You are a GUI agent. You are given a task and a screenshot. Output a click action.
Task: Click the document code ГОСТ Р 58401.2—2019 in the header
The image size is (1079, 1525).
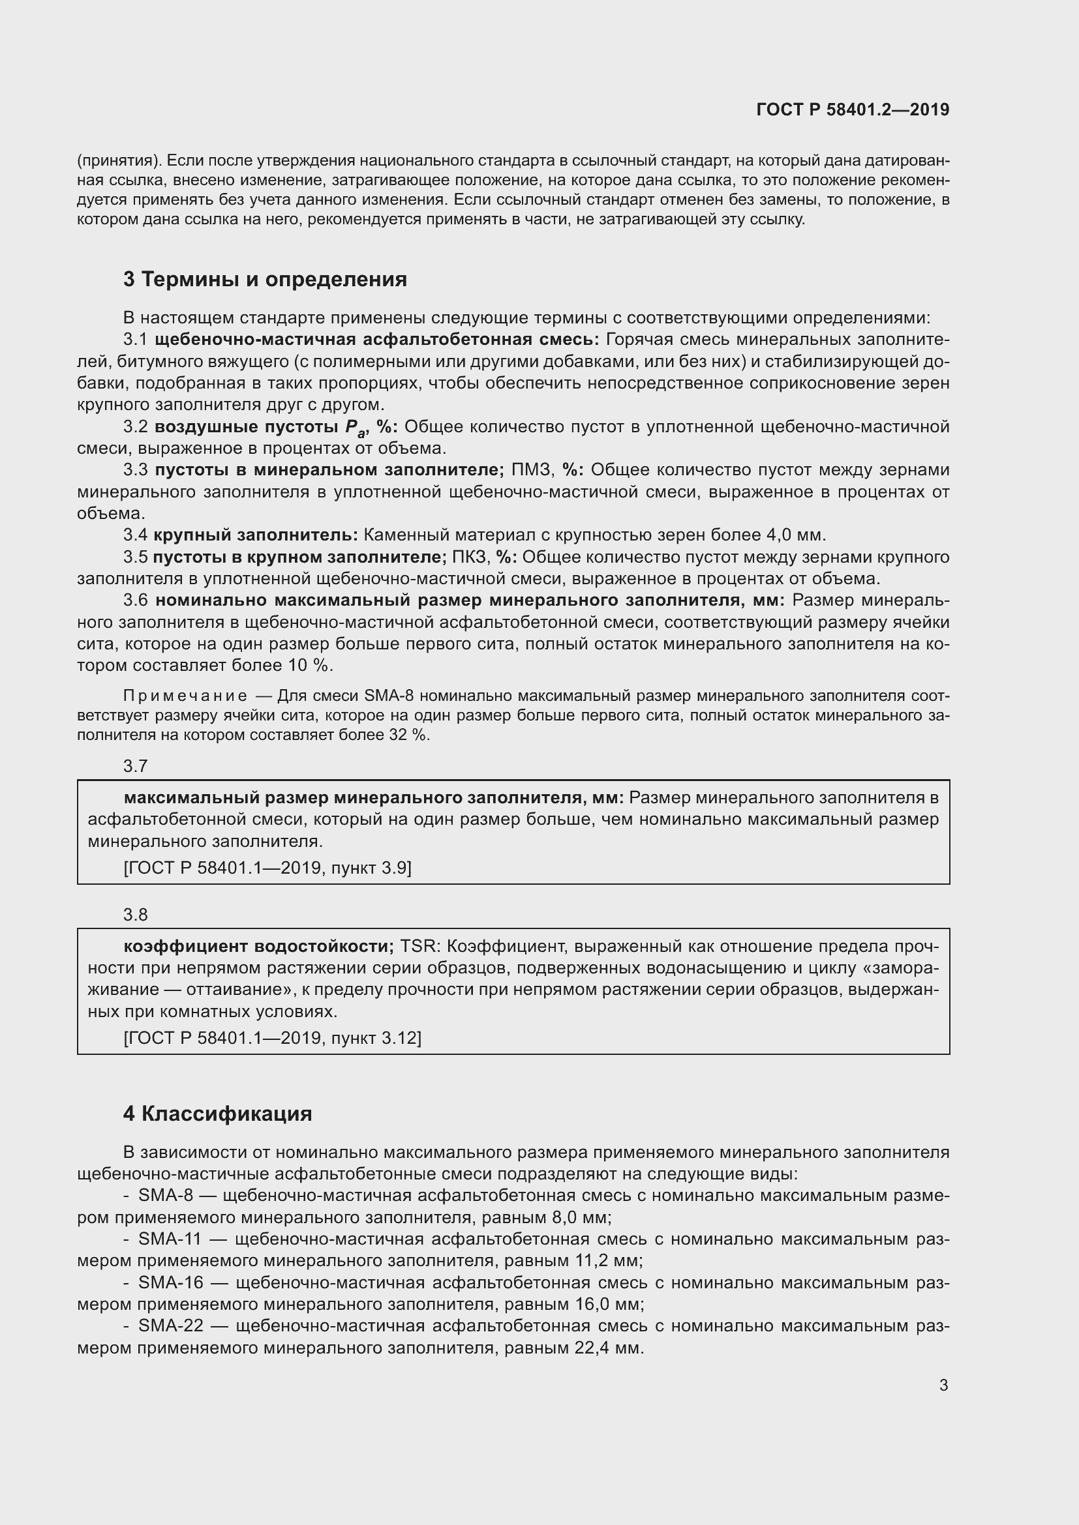click(853, 110)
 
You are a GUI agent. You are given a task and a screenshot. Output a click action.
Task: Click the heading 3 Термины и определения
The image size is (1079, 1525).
click(264, 279)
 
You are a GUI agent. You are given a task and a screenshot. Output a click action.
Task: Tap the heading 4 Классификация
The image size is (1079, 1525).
click(217, 1113)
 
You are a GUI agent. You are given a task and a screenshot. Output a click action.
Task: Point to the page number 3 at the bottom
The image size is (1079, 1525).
click(943, 1385)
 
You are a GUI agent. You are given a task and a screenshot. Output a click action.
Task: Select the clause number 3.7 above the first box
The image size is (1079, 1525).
click(136, 766)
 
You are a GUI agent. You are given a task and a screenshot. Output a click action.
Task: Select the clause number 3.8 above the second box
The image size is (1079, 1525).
click(136, 915)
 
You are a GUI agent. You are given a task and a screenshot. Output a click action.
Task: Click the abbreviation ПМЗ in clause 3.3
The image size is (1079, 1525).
click(532, 470)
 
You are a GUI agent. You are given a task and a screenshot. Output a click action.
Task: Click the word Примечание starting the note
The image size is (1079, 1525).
click(185, 696)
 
